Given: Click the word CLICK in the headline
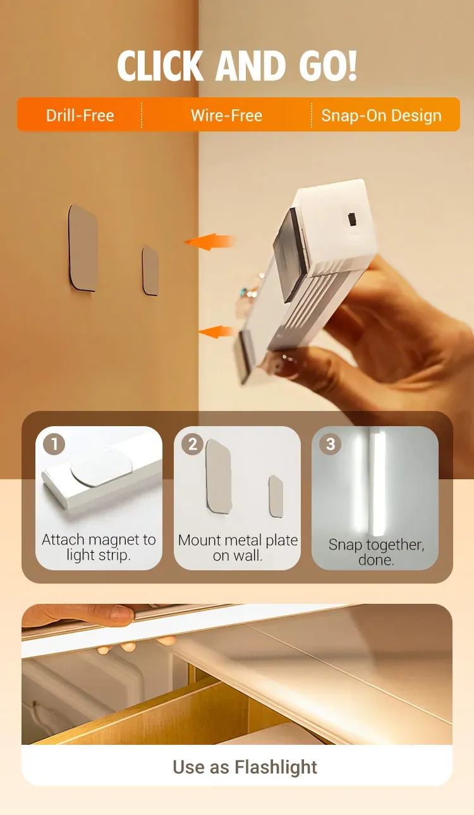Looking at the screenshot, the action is (x=160, y=66).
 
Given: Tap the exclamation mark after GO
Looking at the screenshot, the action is (x=352, y=66).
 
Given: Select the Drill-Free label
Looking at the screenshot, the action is (x=80, y=115).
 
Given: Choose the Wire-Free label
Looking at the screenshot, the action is (x=226, y=115).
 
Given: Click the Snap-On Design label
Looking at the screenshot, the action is (x=381, y=115).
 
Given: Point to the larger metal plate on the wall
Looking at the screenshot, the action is (x=83, y=248).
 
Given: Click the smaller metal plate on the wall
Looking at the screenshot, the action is (x=150, y=270).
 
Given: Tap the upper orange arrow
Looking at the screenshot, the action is (x=209, y=242).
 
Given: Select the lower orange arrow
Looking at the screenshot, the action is (x=216, y=332).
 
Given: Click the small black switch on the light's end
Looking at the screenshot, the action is (x=352, y=219).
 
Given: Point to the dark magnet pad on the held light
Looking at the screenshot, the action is (x=289, y=255).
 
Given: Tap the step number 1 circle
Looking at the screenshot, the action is (x=54, y=444).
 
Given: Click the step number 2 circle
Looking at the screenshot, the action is (x=192, y=444).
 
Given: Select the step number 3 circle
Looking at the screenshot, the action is (x=330, y=444).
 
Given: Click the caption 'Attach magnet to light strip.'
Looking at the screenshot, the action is (x=99, y=547).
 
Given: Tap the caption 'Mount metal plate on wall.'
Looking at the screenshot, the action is (x=238, y=548).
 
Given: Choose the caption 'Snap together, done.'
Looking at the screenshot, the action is (x=376, y=552).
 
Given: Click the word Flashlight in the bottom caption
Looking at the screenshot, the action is (x=276, y=766).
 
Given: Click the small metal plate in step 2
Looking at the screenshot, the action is (x=276, y=496).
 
